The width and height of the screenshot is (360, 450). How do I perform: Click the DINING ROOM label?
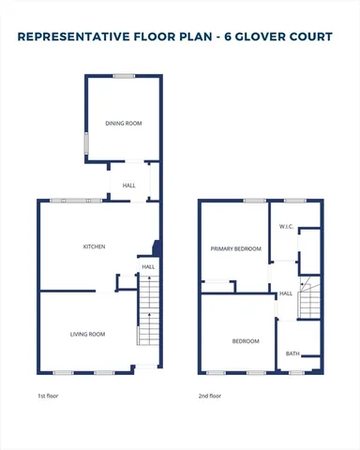pyautogui.click(x=124, y=123)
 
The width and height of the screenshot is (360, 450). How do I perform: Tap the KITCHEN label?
pyautogui.click(x=94, y=247)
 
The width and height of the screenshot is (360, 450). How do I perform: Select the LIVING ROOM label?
pyautogui.click(x=87, y=334)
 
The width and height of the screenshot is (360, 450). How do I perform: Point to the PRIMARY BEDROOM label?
pyautogui.click(x=235, y=248)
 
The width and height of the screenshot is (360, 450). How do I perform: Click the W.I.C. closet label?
pyautogui.click(x=287, y=228)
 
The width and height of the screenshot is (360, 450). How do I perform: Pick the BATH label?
pyautogui.click(x=292, y=353)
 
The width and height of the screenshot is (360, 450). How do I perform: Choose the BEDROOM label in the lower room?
pyautogui.click(x=246, y=341)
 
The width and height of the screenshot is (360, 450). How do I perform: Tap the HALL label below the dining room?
pyautogui.click(x=129, y=186)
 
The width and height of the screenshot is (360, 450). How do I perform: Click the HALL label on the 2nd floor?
pyautogui.click(x=286, y=293)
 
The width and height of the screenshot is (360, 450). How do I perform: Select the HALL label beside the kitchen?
pyautogui.click(x=148, y=267)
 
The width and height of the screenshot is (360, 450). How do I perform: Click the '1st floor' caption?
pyautogui.click(x=49, y=396)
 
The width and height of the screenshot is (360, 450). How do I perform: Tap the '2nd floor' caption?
pyautogui.click(x=210, y=396)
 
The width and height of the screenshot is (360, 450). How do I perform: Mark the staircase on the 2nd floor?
pyautogui.click(x=310, y=299)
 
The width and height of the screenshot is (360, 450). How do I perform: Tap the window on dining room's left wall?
pyautogui.click(x=86, y=144)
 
